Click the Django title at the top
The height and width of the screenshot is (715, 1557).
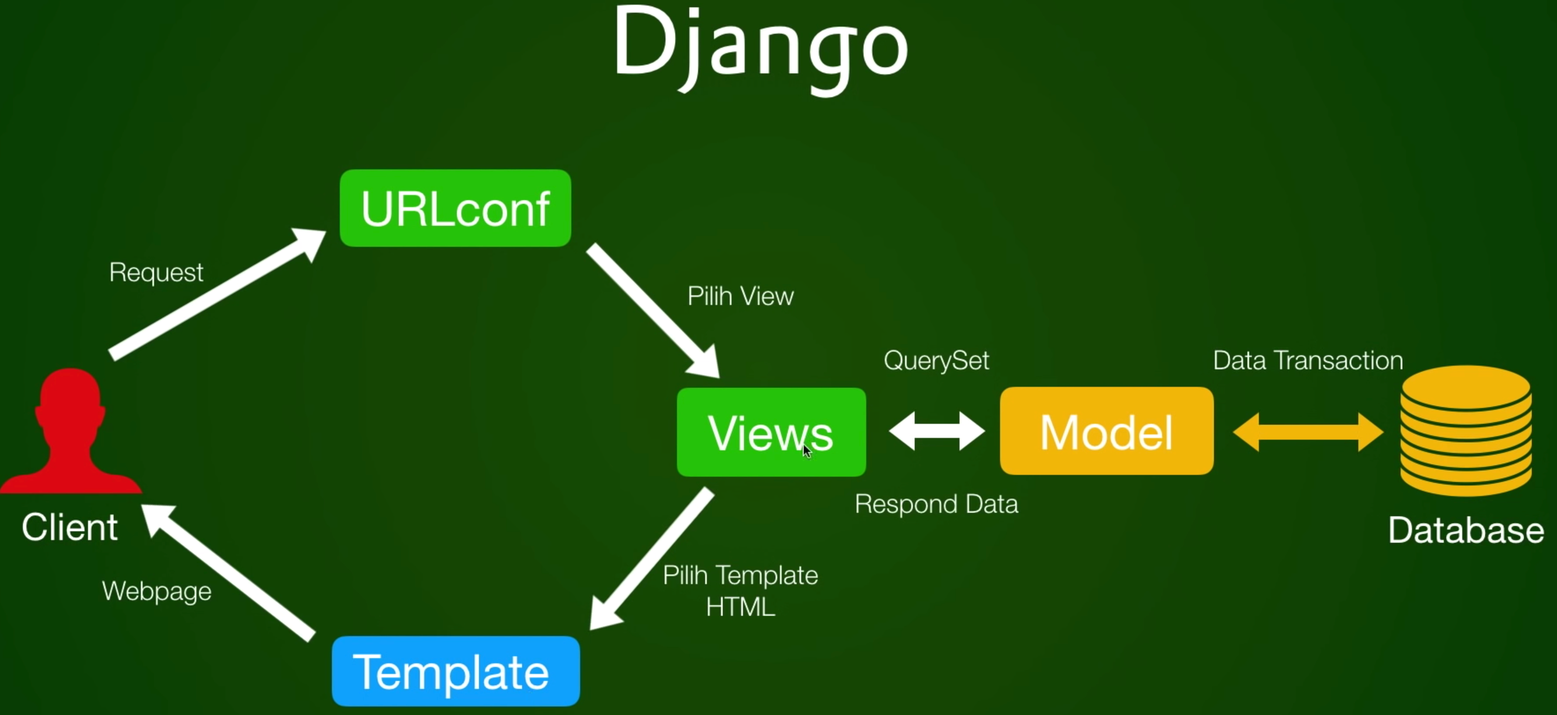[x=761, y=48]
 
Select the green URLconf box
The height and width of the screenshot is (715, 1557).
[x=455, y=208]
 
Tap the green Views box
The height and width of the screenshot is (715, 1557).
[x=771, y=432]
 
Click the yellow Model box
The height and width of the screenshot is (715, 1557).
[x=1106, y=431]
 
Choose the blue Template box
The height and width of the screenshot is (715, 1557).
[x=455, y=672]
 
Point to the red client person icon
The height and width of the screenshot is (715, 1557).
[x=70, y=432]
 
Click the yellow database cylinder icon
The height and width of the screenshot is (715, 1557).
[x=1465, y=430]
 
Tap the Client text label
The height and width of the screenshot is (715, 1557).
[x=69, y=527]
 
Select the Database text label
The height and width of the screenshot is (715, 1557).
[x=1465, y=531]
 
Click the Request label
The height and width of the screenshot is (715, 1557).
[x=156, y=272]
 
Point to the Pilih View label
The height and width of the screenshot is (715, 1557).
[x=741, y=296]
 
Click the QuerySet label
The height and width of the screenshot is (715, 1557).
[x=936, y=360]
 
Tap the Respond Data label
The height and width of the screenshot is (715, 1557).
[x=936, y=504]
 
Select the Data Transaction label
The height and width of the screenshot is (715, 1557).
[x=1308, y=360]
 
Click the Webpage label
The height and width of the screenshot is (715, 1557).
[x=157, y=591]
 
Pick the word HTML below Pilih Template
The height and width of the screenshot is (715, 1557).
[x=741, y=607]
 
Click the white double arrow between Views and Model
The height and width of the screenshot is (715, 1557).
[x=936, y=431]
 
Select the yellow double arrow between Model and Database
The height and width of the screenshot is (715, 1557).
[x=1308, y=432]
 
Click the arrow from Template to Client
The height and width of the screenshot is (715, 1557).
[x=229, y=572]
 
